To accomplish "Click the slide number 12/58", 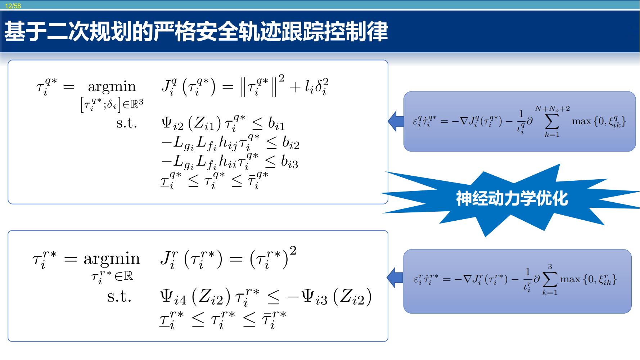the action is click(x=13, y=6).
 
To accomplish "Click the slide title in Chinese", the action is click(x=196, y=31).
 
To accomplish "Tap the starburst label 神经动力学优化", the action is click(x=512, y=198).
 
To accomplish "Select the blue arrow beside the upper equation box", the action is click(x=396, y=121).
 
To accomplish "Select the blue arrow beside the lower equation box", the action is click(x=395, y=278).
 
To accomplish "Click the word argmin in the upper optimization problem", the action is click(x=112, y=87).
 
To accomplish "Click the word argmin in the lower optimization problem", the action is click(x=112, y=259).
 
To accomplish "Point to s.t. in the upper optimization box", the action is click(x=127, y=123).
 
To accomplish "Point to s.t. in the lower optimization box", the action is click(x=119, y=297).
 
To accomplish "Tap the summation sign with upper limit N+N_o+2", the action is click(x=552, y=121).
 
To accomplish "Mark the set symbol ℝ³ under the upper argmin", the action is click(x=137, y=104).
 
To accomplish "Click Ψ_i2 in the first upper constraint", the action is click(x=172, y=124).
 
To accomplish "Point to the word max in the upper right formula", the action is click(x=582, y=121).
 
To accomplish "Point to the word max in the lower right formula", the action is click(x=570, y=279).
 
